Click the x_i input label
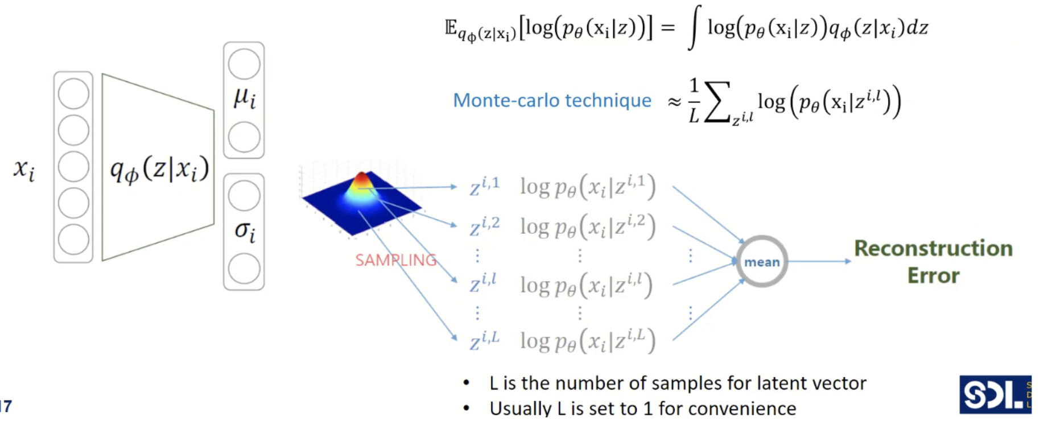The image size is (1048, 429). click(x=24, y=169)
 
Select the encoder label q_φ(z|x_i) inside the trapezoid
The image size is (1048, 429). click(x=159, y=169)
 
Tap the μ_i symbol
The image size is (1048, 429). click(x=245, y=98)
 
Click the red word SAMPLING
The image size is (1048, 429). click(x=395, y=261)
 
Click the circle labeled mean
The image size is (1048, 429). click(x=762, y=262)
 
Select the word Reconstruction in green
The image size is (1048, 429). click(x=933, y=249)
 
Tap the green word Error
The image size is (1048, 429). click(x=933, y=276)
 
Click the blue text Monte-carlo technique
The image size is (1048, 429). click(x=552, y=101)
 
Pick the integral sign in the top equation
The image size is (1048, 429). click(x=694, y=27)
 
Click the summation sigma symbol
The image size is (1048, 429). click(x=717, y=102)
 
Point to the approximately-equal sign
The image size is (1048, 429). click(x=674, y=102)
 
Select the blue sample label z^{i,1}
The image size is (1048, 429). click(x=484, y=187)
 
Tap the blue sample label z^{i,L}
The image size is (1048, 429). click(x=484, y=341)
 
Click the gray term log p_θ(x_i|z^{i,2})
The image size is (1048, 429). click(x=588, y=227)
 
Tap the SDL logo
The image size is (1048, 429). click(x=995, y=394)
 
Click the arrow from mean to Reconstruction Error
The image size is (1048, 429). click(x=819, y=262)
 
